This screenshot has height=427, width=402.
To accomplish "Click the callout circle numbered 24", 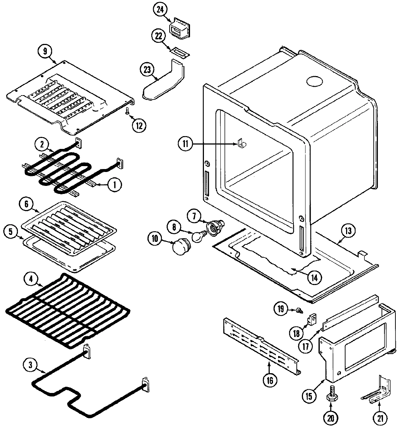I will click(x=159, y=11).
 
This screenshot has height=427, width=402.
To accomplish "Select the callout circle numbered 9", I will click(x=45, y=52).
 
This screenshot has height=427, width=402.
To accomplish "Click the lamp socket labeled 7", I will click(x=213, y=227).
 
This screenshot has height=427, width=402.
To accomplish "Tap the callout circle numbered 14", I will click(x=315, y=277).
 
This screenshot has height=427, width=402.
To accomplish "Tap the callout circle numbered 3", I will click(x=30, y=364).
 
